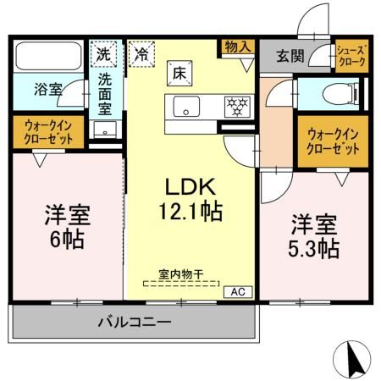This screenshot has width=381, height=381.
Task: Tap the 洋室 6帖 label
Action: click(64, 227)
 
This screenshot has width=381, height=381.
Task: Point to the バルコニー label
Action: click(134, 323)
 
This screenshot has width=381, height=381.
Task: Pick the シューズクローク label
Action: click(351, 57)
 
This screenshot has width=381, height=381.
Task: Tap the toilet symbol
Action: click(343, 95)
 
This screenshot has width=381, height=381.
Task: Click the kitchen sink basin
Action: click(186, 108)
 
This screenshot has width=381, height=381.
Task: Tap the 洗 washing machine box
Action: click(102, 52)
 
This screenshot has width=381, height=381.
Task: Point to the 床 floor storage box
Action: click(179, 73)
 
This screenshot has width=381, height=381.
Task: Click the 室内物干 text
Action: click(179, 274)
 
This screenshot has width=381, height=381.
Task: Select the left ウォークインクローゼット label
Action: click(47, 133)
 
